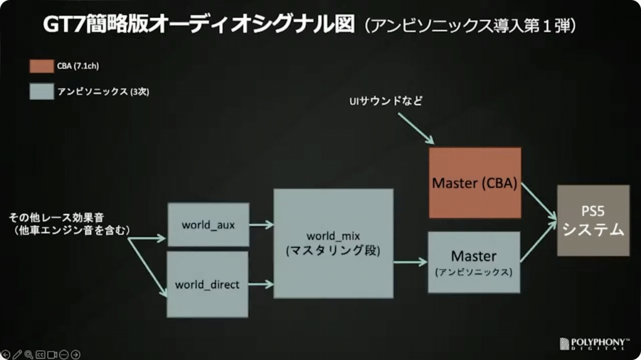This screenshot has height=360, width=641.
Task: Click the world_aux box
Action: tap(208, 224)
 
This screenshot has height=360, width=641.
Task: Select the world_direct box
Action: tap(207, 284)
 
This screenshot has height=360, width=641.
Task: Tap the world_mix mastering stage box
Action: tap(333, 243)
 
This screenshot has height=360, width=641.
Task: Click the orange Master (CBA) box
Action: tap(475, 183)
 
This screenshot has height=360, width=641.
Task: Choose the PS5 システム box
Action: tap(593, 220)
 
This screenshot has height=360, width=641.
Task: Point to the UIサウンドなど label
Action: tap(386, 101)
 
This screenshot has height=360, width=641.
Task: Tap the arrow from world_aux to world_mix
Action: tap(261, 224)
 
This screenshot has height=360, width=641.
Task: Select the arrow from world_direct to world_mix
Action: tap(260, 284)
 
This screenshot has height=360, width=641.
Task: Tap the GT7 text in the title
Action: tap(62, 25)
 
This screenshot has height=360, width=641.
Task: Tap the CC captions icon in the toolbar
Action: tap(41, 354)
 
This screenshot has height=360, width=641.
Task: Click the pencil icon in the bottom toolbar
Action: tap(17, 354)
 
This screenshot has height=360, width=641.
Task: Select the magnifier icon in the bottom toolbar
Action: tap(29, 354)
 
